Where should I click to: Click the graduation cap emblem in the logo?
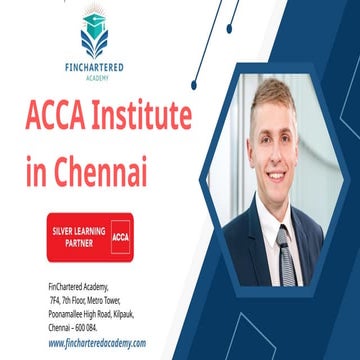93,36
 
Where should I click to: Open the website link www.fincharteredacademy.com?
97,343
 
